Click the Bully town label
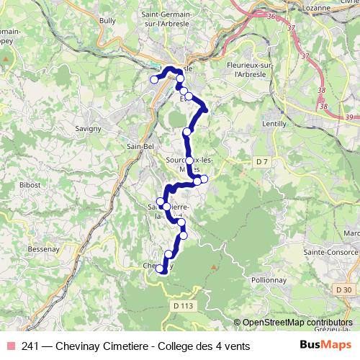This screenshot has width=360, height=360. pyautogui.click(x=107, y=22)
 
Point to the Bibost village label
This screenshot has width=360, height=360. pyautogui.click(x=30, y=185)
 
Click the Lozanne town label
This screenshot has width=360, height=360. pyautogui.click(x=315, y=6)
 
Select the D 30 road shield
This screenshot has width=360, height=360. pyautogui.click(x=343, y=289)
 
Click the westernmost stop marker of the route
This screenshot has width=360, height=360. pyautogui.click(x=153, y=79)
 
